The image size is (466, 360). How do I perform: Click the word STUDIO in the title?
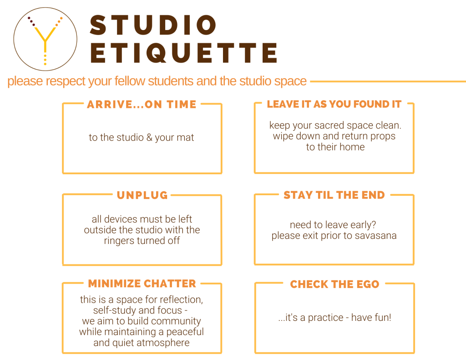click(x=153, y=25)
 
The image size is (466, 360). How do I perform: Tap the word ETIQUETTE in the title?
click(x=184, y=53)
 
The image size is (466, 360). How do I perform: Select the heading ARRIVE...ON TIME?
click(x=142, y=104)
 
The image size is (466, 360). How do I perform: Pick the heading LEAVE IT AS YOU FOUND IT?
click(x=334, y=104)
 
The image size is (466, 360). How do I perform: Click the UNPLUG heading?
click(x=142, y=195)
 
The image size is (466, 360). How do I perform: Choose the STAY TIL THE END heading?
click(x=334, y=195)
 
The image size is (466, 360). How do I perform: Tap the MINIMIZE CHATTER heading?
click(x=142, y=284)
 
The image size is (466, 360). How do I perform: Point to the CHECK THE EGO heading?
click(x=334, y=284)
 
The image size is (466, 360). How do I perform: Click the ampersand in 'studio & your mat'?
click(x=149, y=137)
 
